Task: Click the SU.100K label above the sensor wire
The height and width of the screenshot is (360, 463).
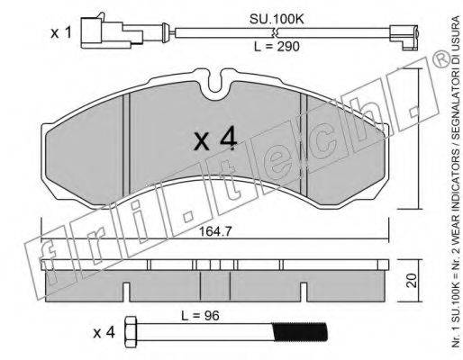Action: [277, 19]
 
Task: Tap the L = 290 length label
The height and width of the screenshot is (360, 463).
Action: [277, 47]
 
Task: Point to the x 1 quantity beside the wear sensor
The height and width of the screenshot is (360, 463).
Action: [61, 33]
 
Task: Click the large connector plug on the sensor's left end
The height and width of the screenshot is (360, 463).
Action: [112, 31]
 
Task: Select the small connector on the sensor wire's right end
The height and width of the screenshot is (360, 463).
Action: [404, 37]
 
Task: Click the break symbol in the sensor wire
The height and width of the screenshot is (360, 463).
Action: [275, 32]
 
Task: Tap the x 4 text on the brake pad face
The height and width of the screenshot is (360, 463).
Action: [215, 140]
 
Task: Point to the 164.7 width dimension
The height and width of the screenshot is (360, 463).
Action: [215, 231]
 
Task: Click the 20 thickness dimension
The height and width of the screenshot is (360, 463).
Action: [413, 281]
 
